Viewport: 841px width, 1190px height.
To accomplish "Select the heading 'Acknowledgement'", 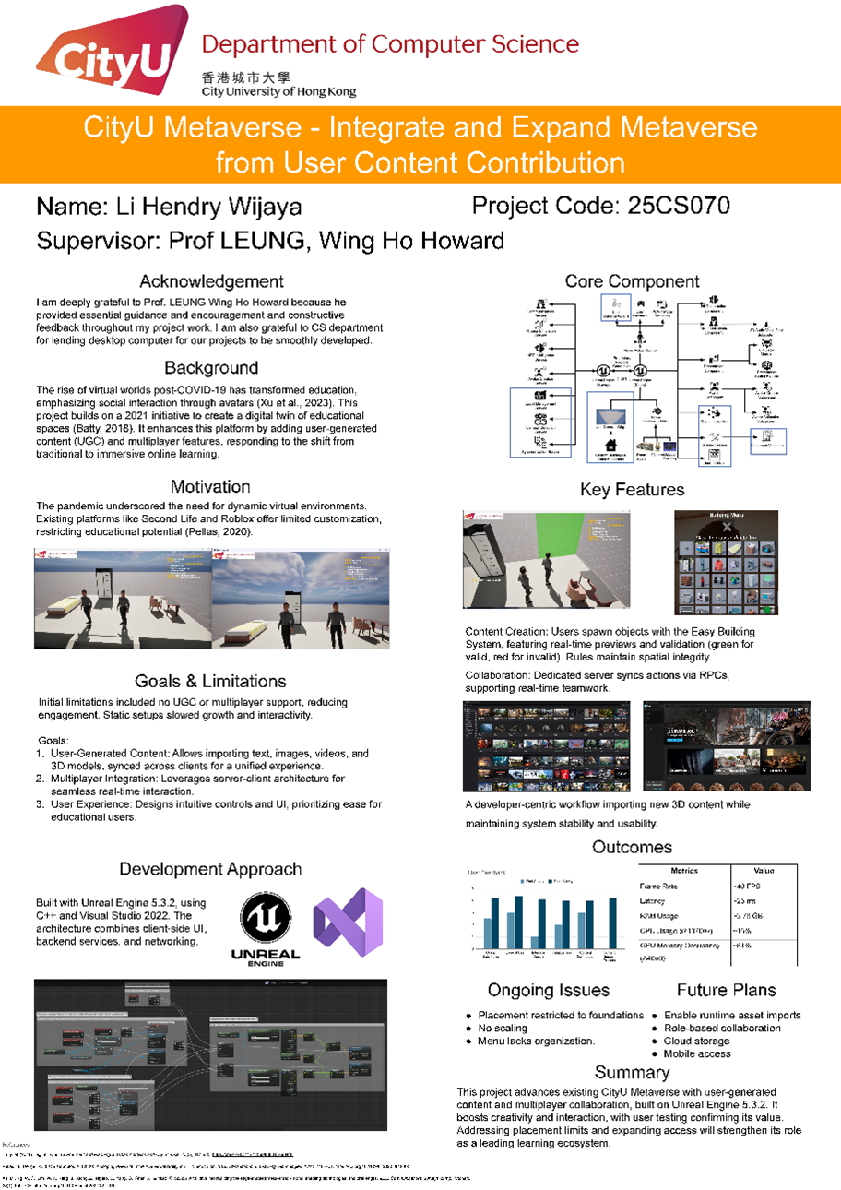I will tap(211, 281).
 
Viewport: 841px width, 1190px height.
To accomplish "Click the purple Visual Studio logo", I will tap(347, 922).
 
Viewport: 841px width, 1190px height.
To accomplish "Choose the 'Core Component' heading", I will tap(632, 281).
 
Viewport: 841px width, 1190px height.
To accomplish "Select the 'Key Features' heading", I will tap(632, 489).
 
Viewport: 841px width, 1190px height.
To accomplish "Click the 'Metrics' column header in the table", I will tap(684, 871).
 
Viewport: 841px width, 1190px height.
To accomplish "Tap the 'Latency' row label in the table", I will tap(655, 901).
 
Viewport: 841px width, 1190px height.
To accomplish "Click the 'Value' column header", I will tap(764, 871).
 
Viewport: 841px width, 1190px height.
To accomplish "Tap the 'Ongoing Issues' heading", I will tap(549, 990).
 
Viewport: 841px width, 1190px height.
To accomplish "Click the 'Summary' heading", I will tap(632, 1072).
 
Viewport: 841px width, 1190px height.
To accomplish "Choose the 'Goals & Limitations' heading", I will tap(210, 681).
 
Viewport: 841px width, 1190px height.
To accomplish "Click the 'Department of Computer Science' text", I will tap(390, 44).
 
